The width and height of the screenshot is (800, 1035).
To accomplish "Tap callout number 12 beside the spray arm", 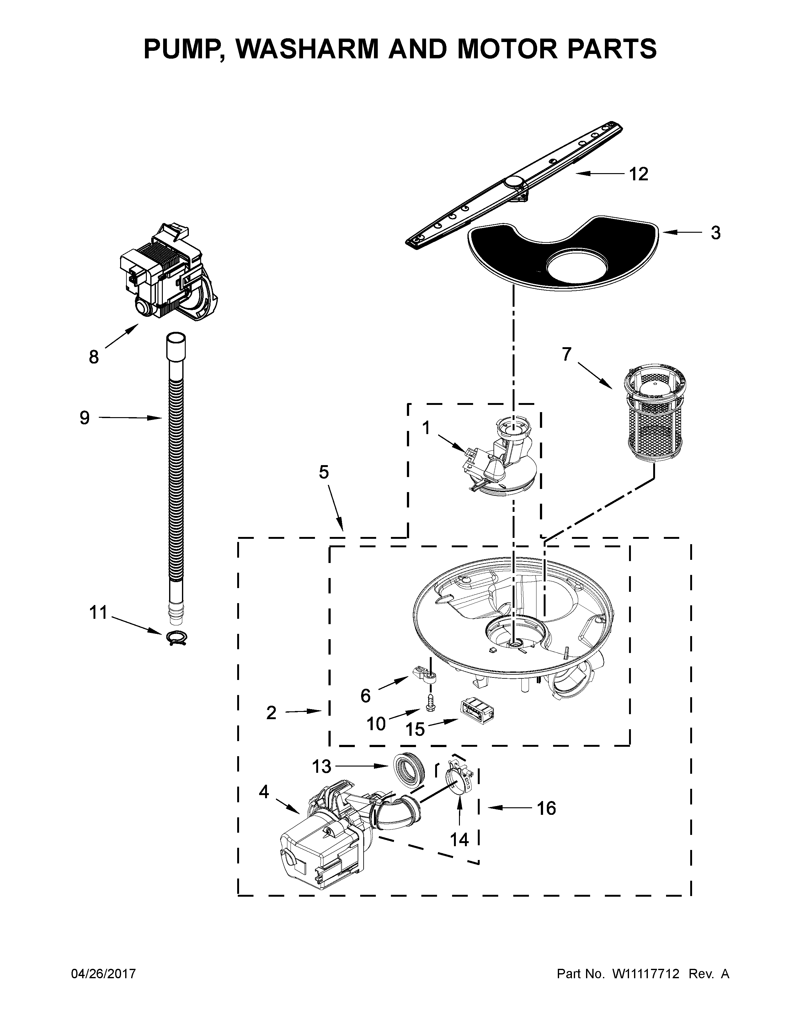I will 638,174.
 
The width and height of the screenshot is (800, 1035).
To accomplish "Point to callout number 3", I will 715,233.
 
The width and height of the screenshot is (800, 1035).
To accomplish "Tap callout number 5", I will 324,472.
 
